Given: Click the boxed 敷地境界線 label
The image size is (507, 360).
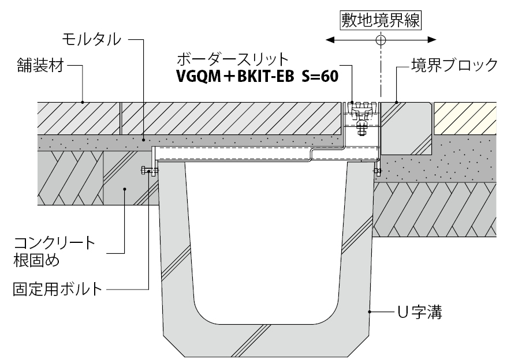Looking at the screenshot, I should [x=380, y=20].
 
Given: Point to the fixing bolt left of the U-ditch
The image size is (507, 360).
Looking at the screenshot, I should [x=148, y=171].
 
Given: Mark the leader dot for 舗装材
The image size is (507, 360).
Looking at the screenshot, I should [x=83, y=103].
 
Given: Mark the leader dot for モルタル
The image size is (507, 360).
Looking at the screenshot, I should [x=144, y=139].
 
